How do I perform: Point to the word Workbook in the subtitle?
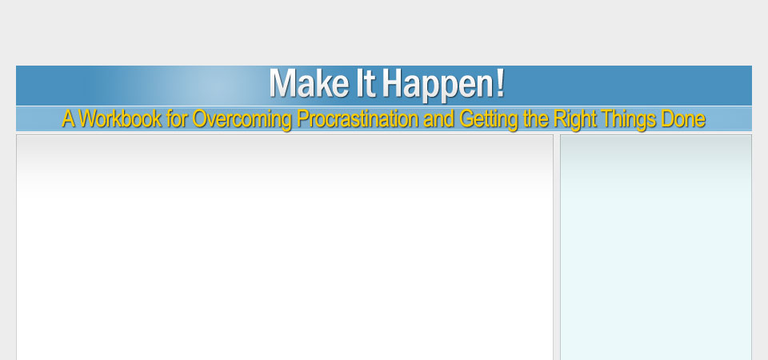tap(119, 118)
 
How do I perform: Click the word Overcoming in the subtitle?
tap(242, 119)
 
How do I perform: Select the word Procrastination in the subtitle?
tap(358, 118)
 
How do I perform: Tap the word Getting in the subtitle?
tap(490, 119)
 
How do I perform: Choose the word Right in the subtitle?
tap(575, 119)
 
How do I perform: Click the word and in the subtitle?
tap(439, 118)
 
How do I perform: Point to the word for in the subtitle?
tap(176, 118)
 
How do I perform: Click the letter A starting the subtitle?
tap(69, 118)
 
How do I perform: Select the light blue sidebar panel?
tap(656, 248)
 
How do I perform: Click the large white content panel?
tap(285, 248)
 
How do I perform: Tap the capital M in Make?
tap(282, 83)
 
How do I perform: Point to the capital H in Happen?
tap(394, 83)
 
